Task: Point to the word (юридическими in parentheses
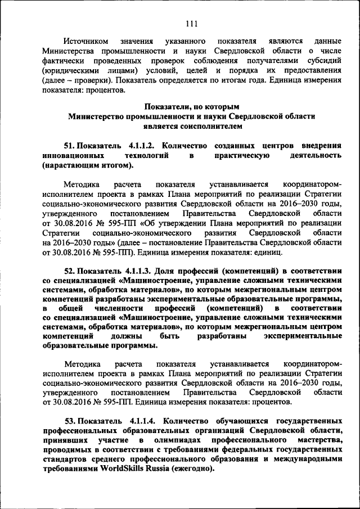69,70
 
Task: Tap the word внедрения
318,145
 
